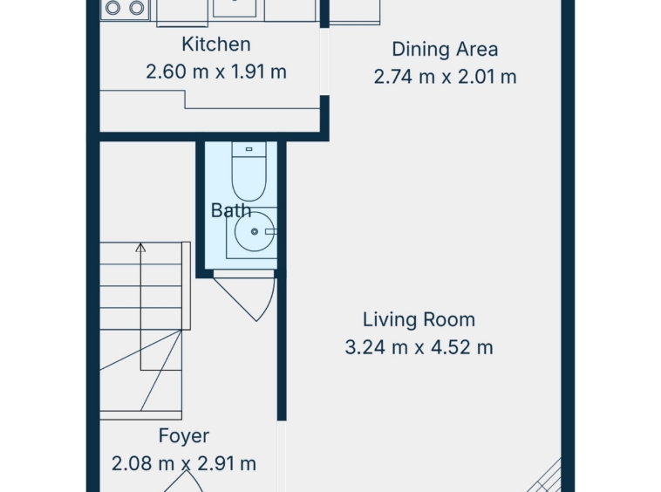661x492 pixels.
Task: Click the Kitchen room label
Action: (x=216, y=44)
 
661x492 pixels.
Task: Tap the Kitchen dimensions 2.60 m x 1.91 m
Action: (x=216, y=72)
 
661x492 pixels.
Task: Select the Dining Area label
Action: (x=445, y=50)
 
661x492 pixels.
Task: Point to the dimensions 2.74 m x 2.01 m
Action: (x=445, y=77)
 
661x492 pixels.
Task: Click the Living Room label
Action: (x=419, y=319)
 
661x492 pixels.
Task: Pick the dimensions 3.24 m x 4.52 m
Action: (x=419, y=348)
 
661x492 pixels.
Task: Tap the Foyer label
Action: (x=184, y=436)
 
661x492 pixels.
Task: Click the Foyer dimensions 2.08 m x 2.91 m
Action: (x=184, y=464)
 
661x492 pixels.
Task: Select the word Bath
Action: (x=231, y=210)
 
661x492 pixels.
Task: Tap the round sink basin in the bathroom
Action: (x=255, y=231)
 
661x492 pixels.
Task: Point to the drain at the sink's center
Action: (x=255, y=231)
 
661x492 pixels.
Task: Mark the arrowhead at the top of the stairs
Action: (x=140, y=248)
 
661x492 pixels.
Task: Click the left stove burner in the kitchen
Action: (x=113, y=8)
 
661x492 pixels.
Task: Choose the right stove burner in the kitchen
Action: (x=137, y=8)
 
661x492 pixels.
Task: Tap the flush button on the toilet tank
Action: (x=249, y=149)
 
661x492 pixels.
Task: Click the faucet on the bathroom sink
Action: (x=270, y=231)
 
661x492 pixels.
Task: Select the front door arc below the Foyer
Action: (x=184, y=481)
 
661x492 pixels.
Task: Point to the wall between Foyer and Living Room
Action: (x=282, y=345)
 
